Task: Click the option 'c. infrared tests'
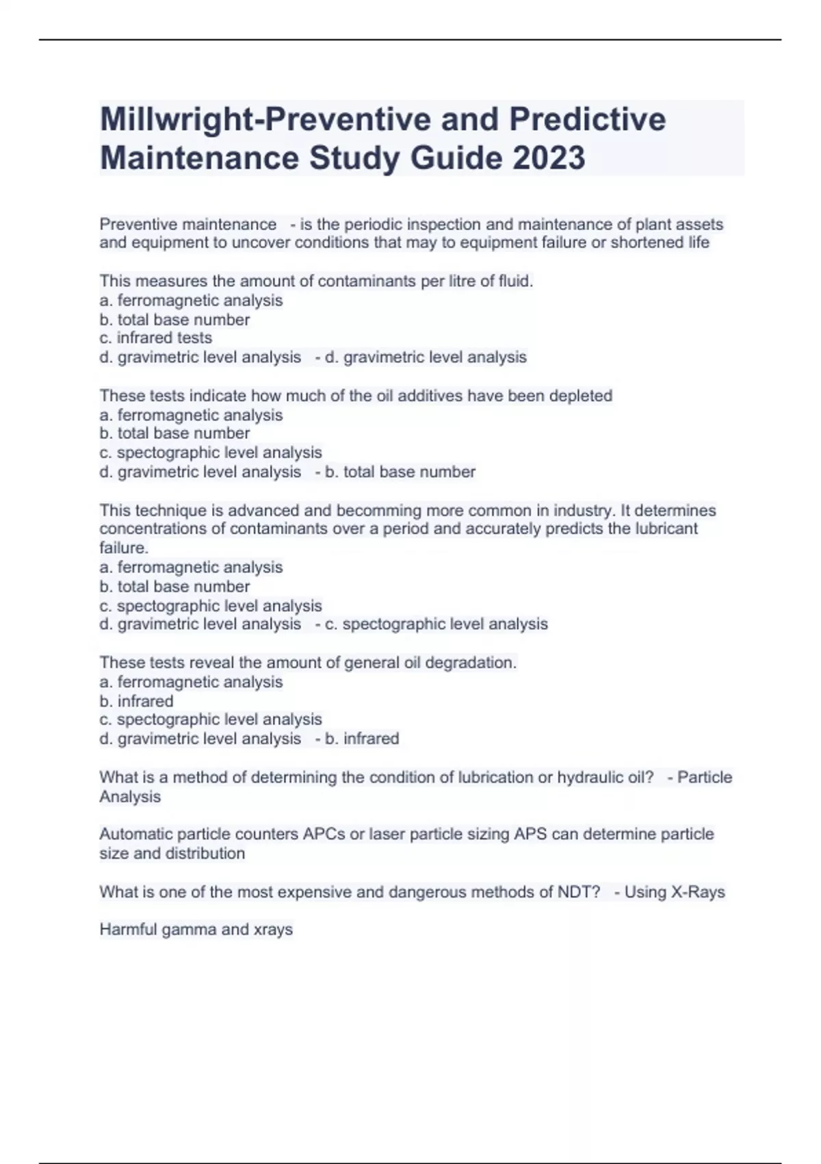(x=155, y=338)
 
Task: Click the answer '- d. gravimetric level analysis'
(x=421, y=357)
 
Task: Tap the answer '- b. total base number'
(x=395, y=472)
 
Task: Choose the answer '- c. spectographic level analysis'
(x=432, y=624)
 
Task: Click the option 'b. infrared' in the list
(x=136, y=701)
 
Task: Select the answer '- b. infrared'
(x=357, y=739)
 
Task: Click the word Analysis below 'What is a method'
(x=130, y=797)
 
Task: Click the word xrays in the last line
(x=273, y=930)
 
